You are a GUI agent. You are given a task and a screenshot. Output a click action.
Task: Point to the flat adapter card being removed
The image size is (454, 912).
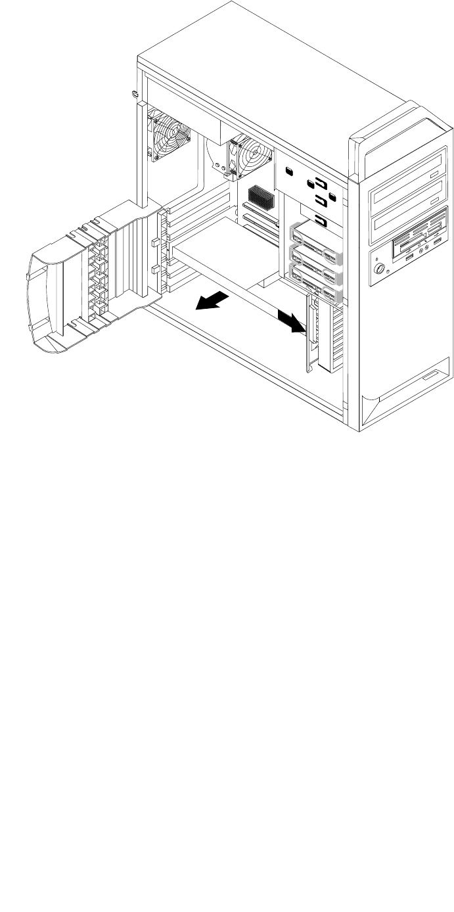pos(223,252)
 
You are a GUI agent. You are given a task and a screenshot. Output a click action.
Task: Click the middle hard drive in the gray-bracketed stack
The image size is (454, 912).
pos(316,256)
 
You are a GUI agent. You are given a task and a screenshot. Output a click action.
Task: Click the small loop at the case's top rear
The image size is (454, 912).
pos(135,92)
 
